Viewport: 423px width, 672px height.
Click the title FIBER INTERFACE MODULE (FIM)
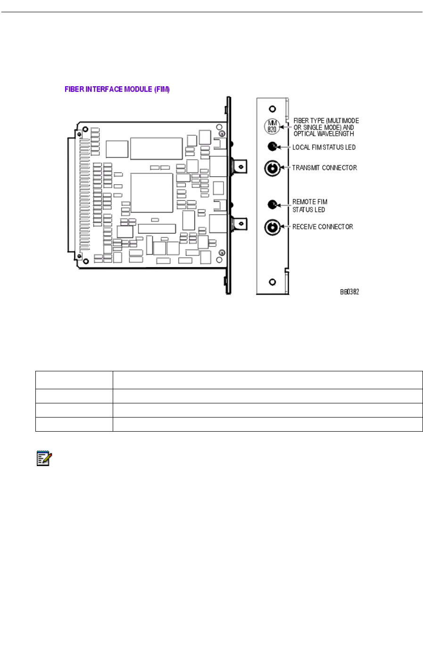click(117, 89)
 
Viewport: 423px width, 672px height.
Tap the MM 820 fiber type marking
click(272, 126)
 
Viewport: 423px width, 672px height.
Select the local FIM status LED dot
click(272, 147)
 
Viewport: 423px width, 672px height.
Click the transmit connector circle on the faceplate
click(272, 168)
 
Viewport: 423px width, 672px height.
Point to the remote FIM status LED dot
click(272, 205)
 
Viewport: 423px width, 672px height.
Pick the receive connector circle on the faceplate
click(272, 227)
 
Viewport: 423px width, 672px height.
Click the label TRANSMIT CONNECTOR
click(324, 168)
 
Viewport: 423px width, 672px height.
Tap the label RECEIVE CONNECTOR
click(323, 227)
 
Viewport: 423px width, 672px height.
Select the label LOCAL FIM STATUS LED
click(324, 147)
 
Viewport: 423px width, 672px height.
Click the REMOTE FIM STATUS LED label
click(309, 205)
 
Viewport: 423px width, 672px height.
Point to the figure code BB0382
click(349, 292)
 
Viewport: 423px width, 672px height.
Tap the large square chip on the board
click(151, 192)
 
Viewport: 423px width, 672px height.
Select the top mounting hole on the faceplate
click(272, 108)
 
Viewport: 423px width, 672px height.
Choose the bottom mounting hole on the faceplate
click(272, 282)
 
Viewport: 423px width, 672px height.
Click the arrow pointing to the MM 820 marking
click(286, 127)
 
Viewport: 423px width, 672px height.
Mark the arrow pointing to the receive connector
click(285, 227)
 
